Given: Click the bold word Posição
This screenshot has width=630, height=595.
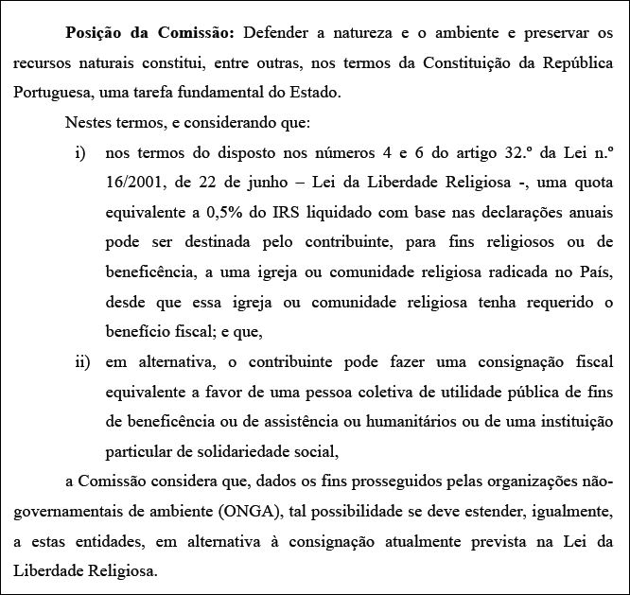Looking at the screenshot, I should coord(96,32).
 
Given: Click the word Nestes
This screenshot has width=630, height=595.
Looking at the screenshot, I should coord(88,123).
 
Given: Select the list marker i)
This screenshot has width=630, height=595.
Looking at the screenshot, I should coord(79,153).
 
